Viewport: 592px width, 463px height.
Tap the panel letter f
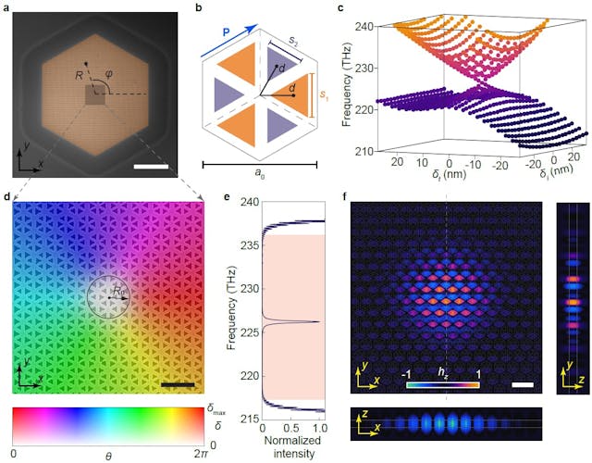point(345,195)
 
